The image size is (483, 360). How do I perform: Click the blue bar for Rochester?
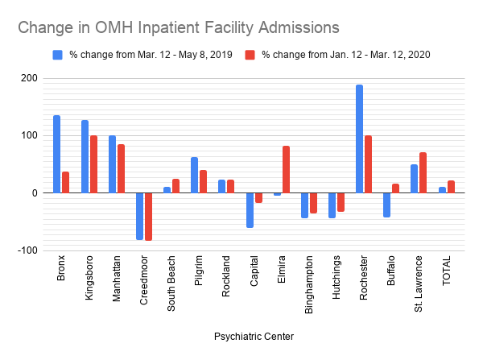click(x=359, y=139)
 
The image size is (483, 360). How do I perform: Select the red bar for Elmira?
click(x=286, y=169)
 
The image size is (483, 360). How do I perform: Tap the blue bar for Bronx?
click(x=56, y=154)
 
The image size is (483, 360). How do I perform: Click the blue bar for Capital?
click(x=250, y=210)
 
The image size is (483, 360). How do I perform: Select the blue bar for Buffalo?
click(x=386, y=205)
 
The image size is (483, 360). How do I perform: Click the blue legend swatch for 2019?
click(x=58, y=55)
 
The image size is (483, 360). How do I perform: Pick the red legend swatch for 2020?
click(x=250, y=55)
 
